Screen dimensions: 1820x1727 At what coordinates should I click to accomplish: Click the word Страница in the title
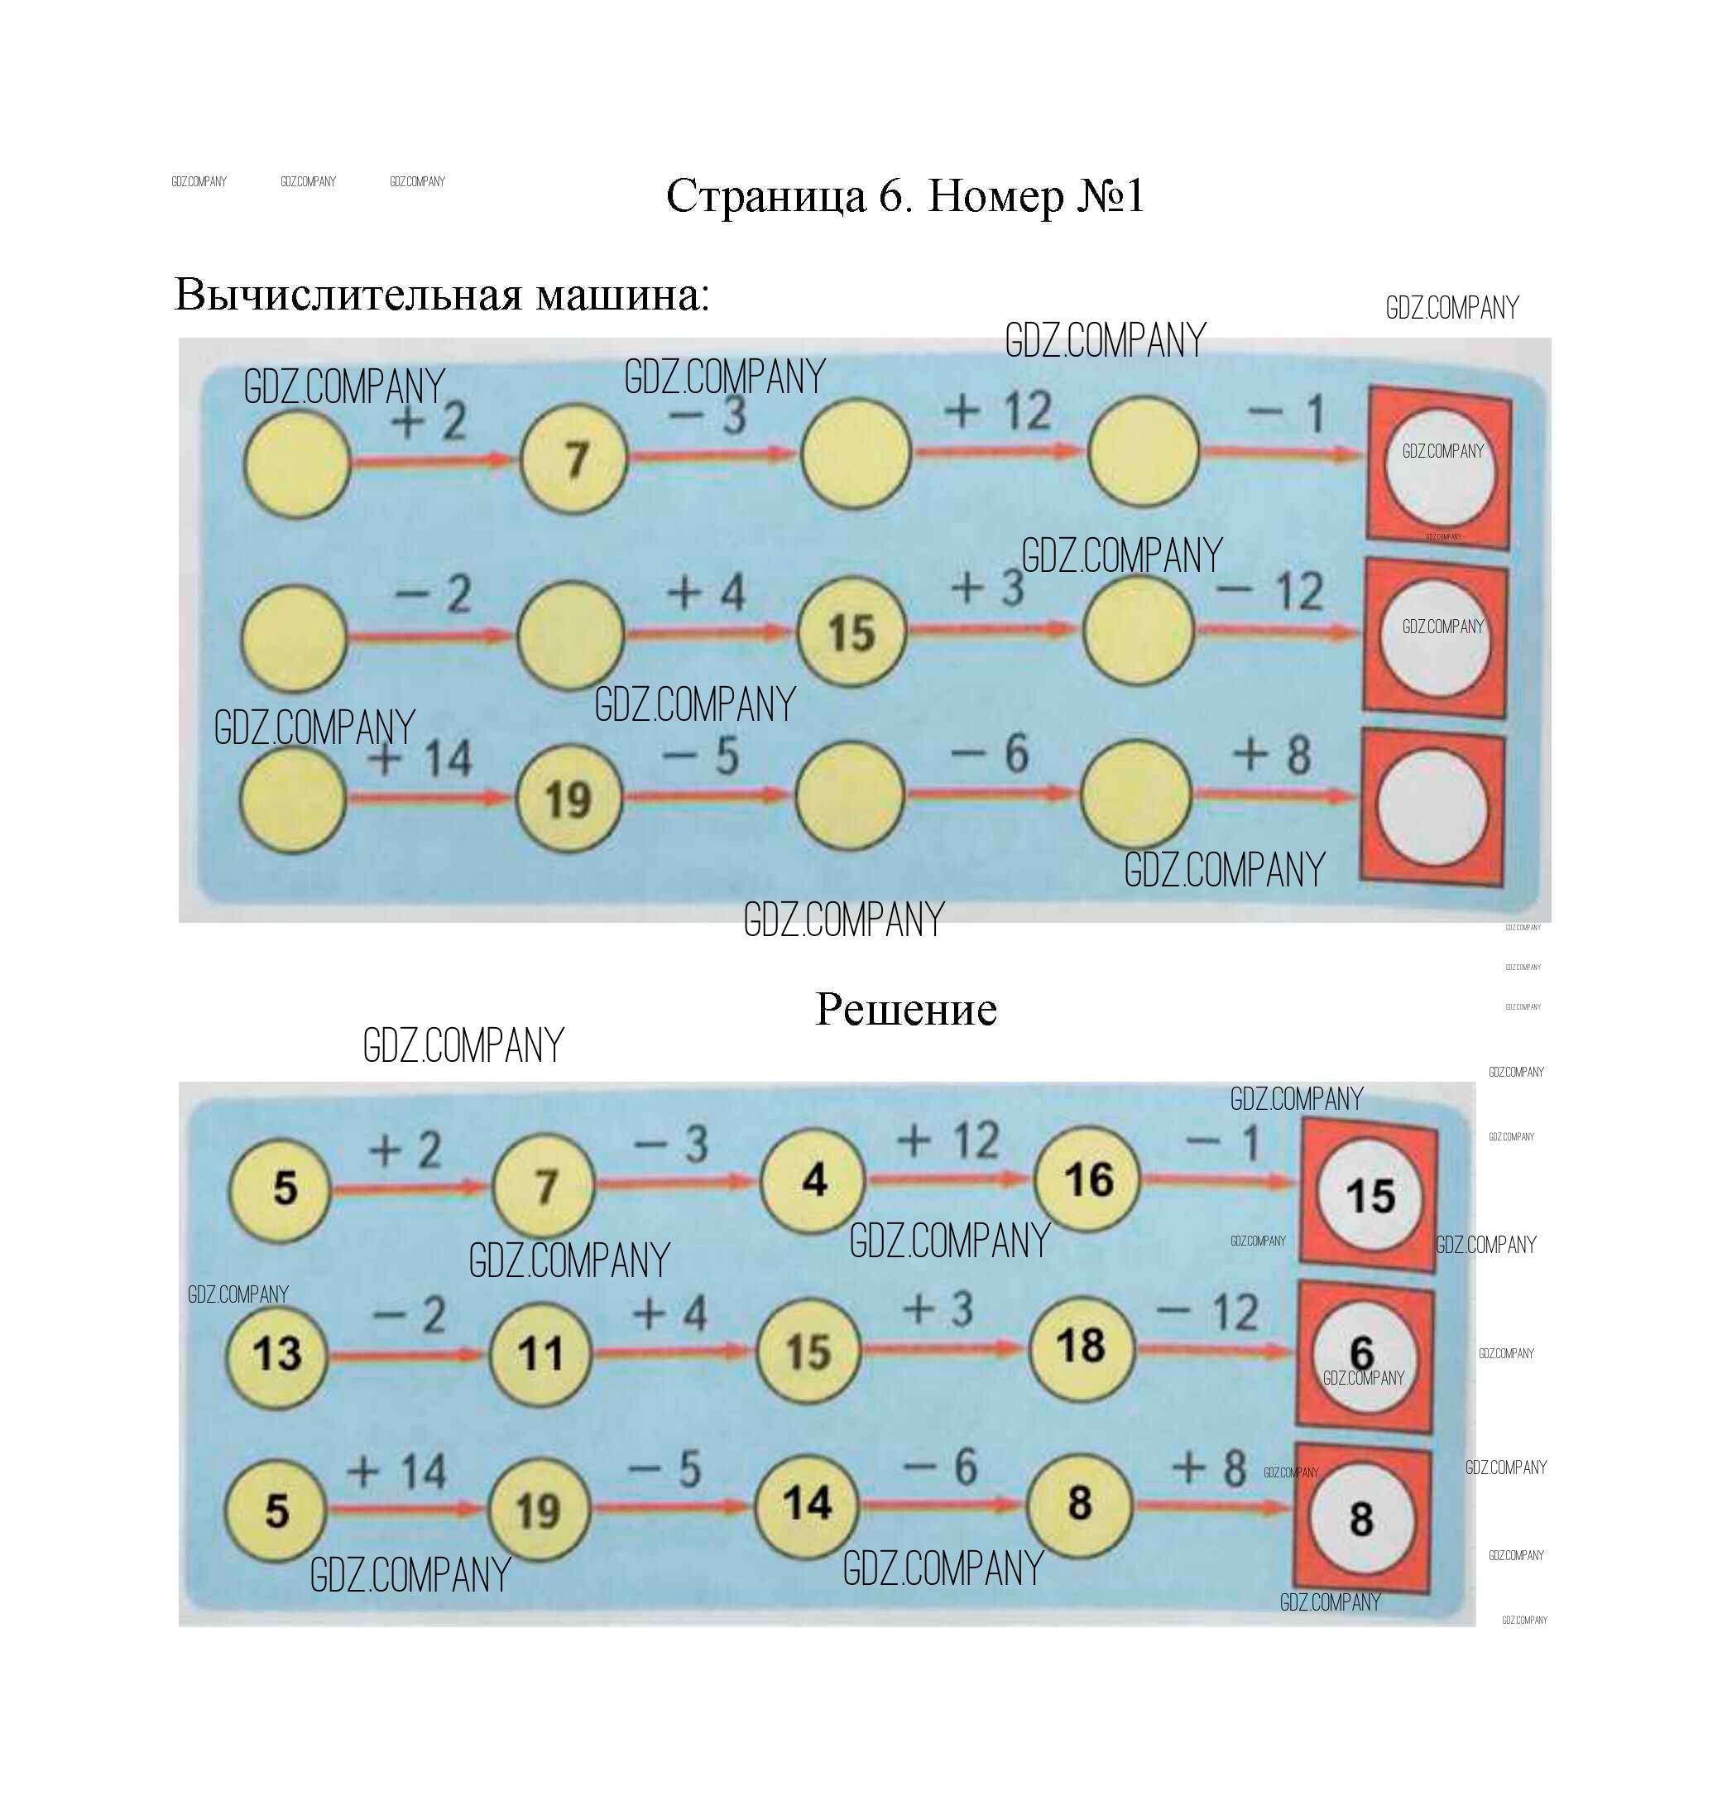766,196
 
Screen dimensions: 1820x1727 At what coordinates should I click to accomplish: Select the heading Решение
906,1009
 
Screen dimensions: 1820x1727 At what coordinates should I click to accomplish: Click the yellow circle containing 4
813,1181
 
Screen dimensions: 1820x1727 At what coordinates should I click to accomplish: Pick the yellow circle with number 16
1087,1179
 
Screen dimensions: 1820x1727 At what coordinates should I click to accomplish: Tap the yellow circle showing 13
277,1353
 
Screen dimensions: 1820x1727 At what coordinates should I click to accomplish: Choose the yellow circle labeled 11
540,1353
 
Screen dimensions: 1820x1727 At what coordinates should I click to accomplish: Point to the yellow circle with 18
1081,1346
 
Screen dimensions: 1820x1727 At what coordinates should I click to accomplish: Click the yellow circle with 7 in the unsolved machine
574,459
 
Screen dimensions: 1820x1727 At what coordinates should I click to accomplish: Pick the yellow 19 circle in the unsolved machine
568,798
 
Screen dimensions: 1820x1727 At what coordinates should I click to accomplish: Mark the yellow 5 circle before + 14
276,1510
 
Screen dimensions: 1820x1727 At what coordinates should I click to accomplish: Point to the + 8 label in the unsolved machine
1271,755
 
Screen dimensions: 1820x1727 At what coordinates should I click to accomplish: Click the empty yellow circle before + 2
296,463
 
